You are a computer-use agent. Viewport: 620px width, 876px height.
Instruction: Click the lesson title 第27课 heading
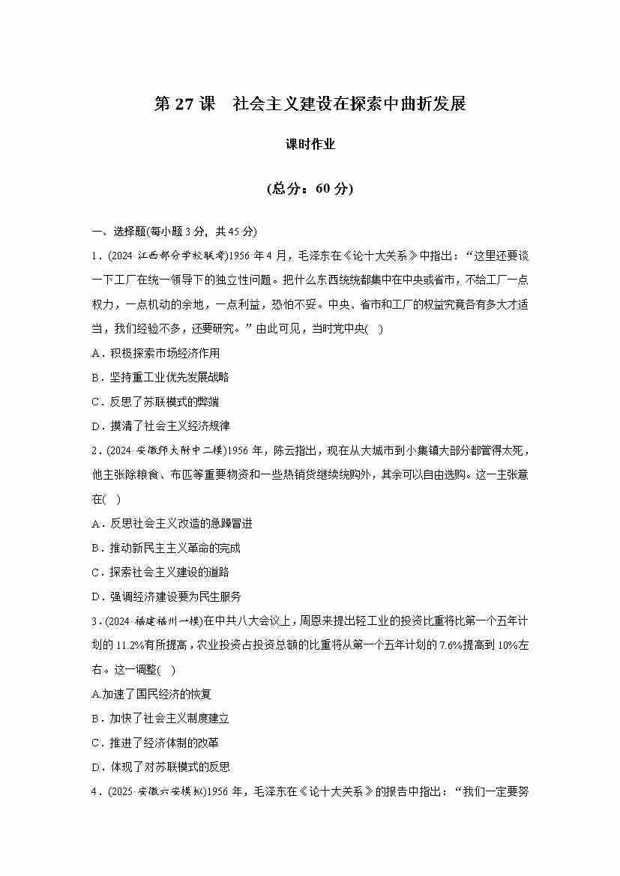310,104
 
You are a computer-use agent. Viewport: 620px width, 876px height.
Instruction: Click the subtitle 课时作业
310,145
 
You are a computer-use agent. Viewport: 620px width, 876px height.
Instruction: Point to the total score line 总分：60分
310,189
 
